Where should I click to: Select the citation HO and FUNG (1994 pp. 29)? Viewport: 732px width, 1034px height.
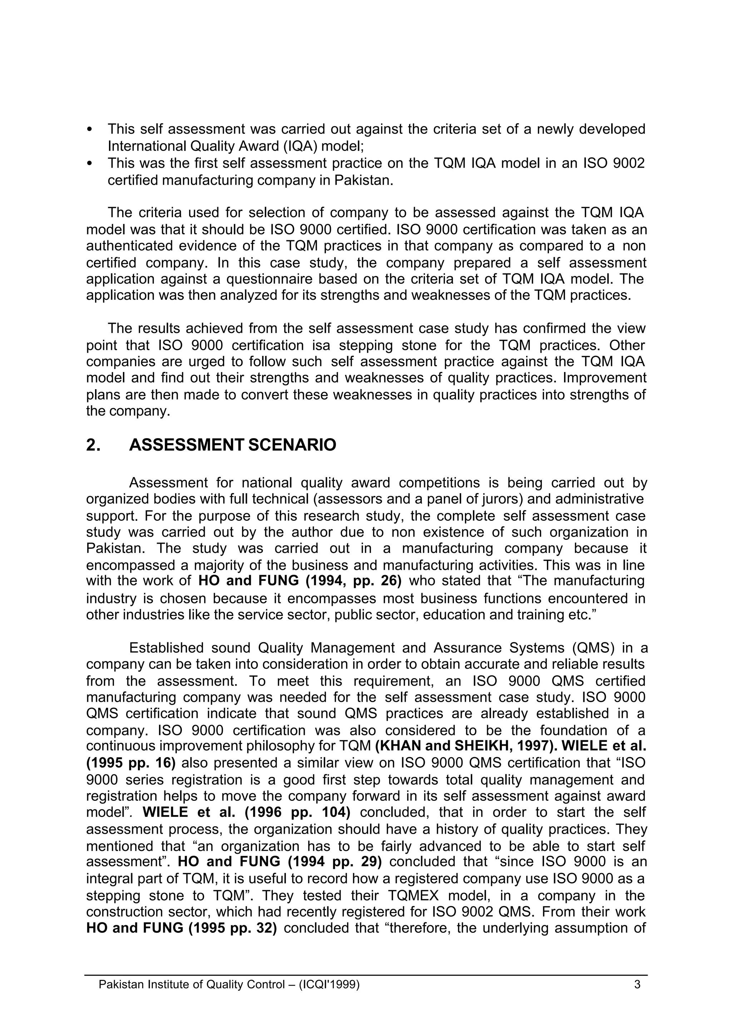point(280,862)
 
